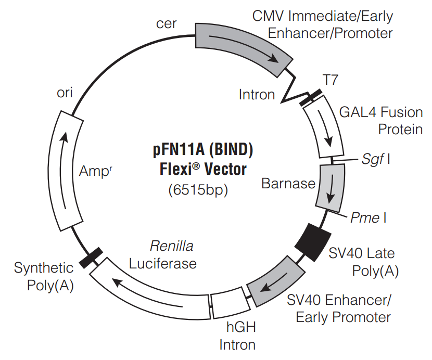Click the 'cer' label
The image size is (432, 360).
coord(167,24)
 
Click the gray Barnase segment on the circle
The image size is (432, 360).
coord(332,187)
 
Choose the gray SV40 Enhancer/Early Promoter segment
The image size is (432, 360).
coord(275,281)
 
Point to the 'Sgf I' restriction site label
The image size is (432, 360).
coord(376,159)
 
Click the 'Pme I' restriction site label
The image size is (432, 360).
coord(367,217)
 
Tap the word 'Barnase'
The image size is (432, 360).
coord(288,183)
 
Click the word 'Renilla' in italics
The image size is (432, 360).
coord(168,246)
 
